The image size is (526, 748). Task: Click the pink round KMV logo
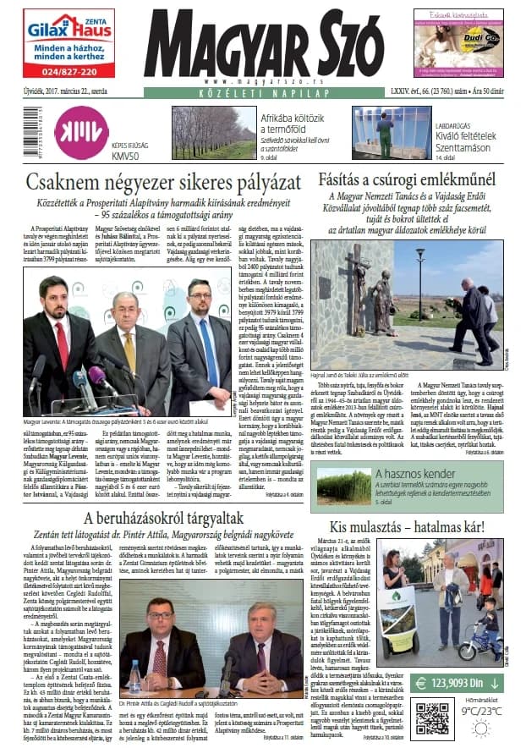click(81, 134)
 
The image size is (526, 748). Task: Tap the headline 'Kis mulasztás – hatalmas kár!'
click(408, 526)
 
